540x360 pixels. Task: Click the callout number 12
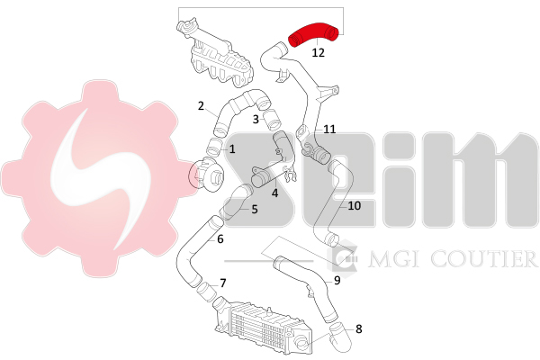pyautogui.click(x=319, y=53)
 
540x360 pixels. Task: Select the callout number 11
pyautogui.click(x=329, y=129)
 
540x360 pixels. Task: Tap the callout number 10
pyautogui.click(x=354, y=205)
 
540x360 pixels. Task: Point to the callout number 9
pyautogui.click(x=337, y=279)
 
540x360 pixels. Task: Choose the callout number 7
pyautogui.click(x=222, y=283)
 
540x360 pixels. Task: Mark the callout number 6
pyautogui.click(x=220, y=238)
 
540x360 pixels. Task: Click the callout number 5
pyautogui.click(x=254, y=209)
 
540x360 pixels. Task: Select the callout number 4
pyautogui.click(x=274, y=191)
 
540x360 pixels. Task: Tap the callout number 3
pyautogui.click(x=256, y=119)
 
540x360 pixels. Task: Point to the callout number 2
pyautogui.click(x=202, y=105)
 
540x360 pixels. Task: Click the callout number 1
pyautogui.click(x=232, y=148)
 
